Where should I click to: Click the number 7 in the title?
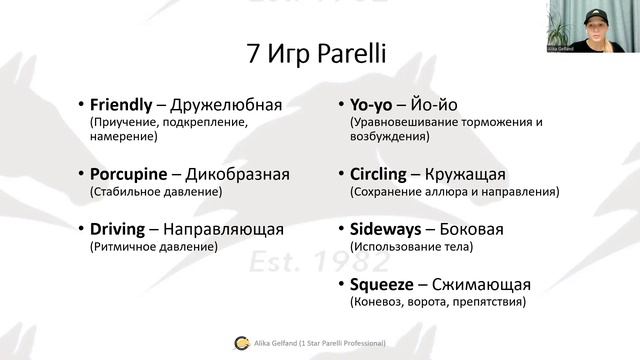pyautogui.click(x=254, y=54)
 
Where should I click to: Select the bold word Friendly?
pyautogui.click(x=120, y=104)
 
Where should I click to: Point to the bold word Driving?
pyautogui.click(x=118, y=229)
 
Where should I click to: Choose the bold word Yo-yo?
pyautogui.click(x=373, y=104)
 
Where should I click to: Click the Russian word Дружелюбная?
pyautogui.click(x=227, y=104)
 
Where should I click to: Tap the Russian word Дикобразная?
pyautogui.click(x=239, y=174)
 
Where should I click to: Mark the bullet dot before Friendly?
pyautogui.click(x=82, y=105)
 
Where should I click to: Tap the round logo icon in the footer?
pyautogui.click(x=241, y=343)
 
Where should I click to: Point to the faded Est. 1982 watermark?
pyautogui.click(x=319, y=260)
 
